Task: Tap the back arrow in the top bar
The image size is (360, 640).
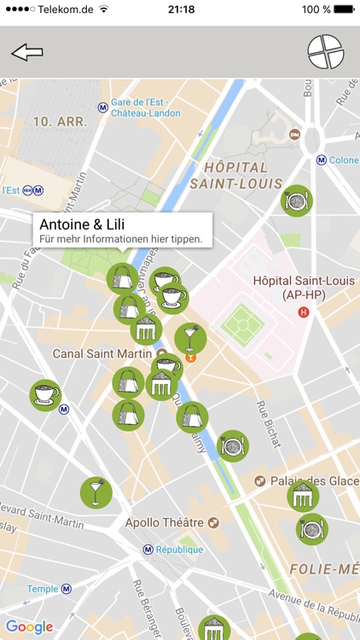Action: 26,52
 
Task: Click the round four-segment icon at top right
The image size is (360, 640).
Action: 325,52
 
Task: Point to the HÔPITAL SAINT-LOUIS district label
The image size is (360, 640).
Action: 236,175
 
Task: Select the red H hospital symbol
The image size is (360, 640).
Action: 303,312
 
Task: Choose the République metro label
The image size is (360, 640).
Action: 178,550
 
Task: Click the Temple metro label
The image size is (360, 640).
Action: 42,589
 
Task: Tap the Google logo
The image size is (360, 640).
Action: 30,627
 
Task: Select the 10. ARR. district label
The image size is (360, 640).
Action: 60,122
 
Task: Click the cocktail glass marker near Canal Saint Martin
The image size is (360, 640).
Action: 190,338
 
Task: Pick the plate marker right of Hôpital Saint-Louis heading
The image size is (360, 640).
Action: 297,201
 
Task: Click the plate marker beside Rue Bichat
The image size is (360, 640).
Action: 233,445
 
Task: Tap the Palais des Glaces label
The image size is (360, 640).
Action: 314,480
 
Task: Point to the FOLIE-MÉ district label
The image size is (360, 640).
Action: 323,568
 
